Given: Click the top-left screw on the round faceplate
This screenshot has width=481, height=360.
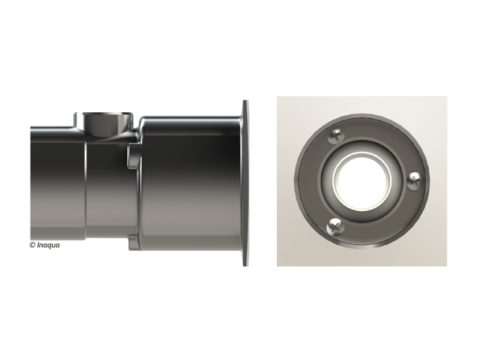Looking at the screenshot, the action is click(x=335, y=135).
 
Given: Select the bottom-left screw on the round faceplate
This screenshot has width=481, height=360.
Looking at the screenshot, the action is click(x=335, y=227).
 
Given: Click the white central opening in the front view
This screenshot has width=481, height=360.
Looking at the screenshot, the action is click(x=362, y=181).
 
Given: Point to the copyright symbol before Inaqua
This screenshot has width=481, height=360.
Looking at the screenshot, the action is click(x=32, y=245).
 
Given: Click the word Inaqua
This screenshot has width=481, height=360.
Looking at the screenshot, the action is click(x=48, y=245).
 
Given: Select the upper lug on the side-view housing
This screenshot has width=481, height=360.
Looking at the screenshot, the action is click(x=135, y=155).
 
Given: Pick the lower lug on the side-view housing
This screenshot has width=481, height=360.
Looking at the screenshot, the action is click(x=135, y=242).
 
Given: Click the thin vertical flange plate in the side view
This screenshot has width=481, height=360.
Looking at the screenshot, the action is click(x=246, y=183).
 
